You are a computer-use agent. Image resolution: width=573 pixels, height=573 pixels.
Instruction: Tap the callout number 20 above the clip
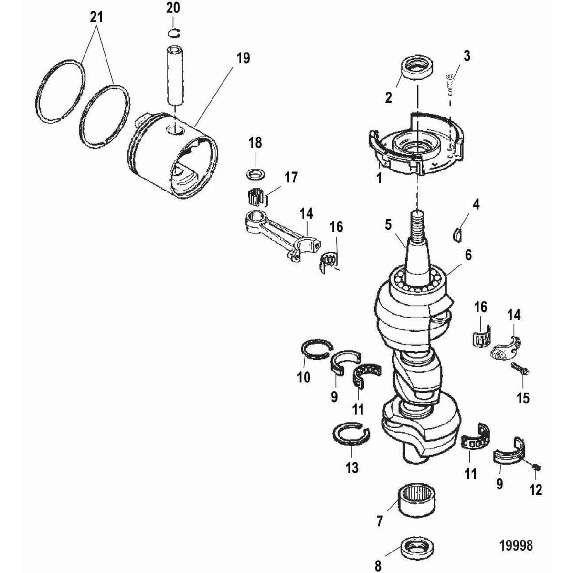tap(173, 8)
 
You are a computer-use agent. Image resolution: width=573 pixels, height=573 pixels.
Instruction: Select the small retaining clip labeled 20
tap(174, 32)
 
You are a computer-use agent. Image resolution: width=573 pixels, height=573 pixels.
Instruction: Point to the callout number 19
tap(243, 58)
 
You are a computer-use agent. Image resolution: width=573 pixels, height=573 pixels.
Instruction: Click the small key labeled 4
tap(457, 233)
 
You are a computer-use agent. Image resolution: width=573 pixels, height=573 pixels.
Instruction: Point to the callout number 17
tap(291, 178)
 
